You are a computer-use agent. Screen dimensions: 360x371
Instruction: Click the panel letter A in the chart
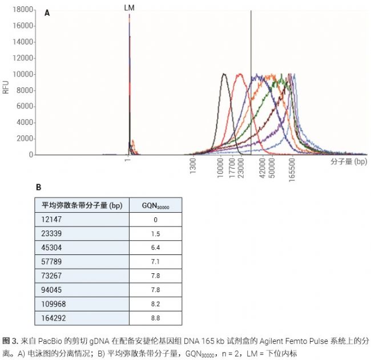pos(47,13)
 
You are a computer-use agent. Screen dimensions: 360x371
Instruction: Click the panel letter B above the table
pos(39,187)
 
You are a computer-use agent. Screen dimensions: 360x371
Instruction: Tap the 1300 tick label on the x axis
pos(193,167)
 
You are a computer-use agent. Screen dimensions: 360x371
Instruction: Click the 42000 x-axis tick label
pos(262,169)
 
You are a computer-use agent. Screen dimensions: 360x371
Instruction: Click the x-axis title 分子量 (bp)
pos(348,162)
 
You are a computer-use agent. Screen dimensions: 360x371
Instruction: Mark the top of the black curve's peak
pos(224,74)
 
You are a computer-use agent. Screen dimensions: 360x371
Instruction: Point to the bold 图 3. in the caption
pos(11,339)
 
